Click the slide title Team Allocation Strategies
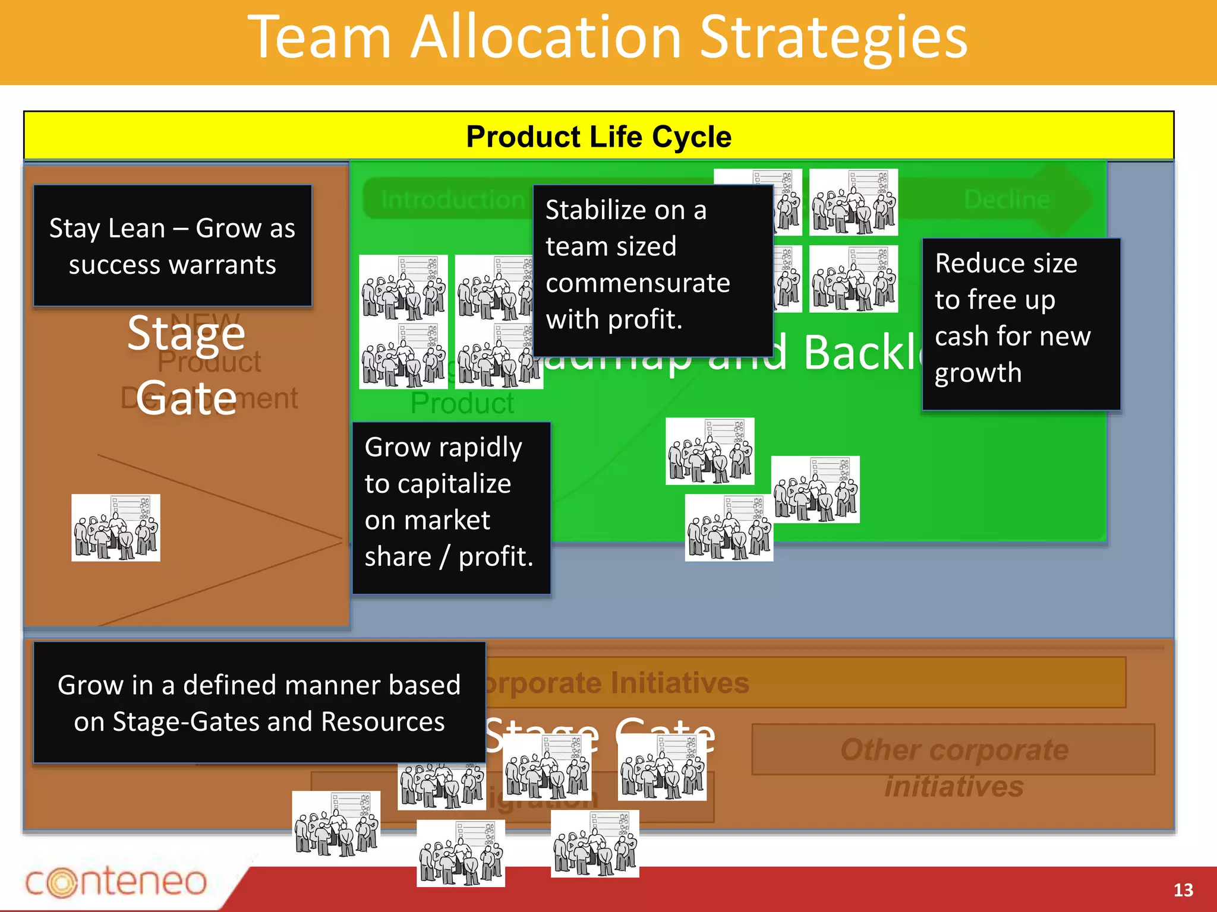coord(607,38)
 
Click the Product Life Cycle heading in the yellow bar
coord(598,137)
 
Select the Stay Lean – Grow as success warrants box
coord(172,246)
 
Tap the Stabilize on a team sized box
coord(652,271)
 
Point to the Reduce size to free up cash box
coord(1021,324)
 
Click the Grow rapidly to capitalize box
coord(451,508)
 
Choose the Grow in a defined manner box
coord(259,702)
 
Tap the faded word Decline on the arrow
coord(1007,199)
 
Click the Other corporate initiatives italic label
coord(954,767)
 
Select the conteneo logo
coord(116,882)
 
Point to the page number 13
coord(1183,890)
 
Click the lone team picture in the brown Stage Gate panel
coord(116,528)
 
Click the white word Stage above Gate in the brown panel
coord(186,334)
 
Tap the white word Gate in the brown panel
coord(186,398)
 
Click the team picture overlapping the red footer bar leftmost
coord(461,853)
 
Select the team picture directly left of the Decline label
coord(853,202)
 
